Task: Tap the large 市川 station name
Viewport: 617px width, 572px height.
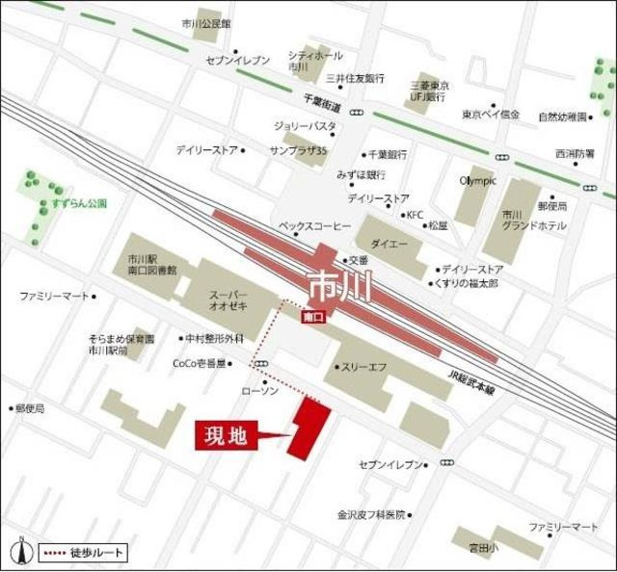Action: point(335,285)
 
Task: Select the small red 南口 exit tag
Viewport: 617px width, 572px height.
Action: point(312,316)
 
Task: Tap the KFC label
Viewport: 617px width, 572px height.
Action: point(415,215)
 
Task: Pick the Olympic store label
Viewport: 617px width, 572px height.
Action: point(477,181)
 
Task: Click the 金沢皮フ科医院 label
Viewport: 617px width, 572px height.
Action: point(371,514)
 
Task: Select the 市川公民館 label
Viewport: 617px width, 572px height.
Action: point(206,23)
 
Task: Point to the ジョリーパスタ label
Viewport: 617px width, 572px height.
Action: point(305,126)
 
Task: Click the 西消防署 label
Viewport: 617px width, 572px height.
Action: point(575,153)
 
